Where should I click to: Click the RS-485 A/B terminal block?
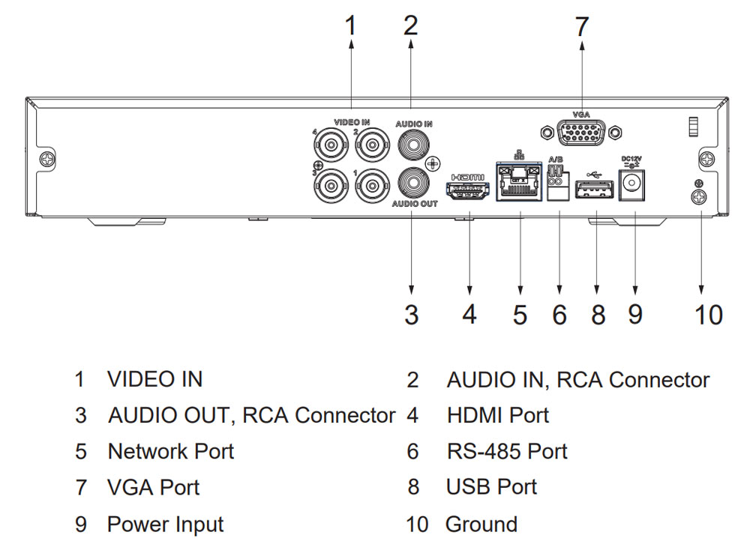pos(556,184)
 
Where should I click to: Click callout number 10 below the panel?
pos(708,315)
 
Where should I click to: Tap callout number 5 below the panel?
pos(520,315)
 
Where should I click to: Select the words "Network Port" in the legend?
pos(171,451)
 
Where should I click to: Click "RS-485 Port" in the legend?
pos(507,451)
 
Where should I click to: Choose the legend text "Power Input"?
pos(165,524)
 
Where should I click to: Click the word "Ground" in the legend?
pos(481,524)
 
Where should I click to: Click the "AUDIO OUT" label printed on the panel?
pos(414,203)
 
